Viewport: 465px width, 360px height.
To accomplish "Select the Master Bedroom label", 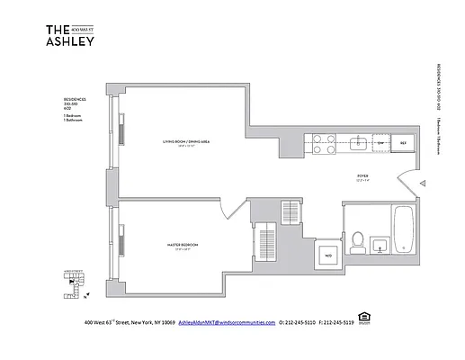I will click(182, 244).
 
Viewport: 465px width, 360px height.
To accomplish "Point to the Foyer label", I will click(362, 176).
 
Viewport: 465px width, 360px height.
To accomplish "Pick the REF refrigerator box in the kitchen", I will click(403, 143).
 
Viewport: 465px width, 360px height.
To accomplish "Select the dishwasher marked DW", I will click(380, 143).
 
